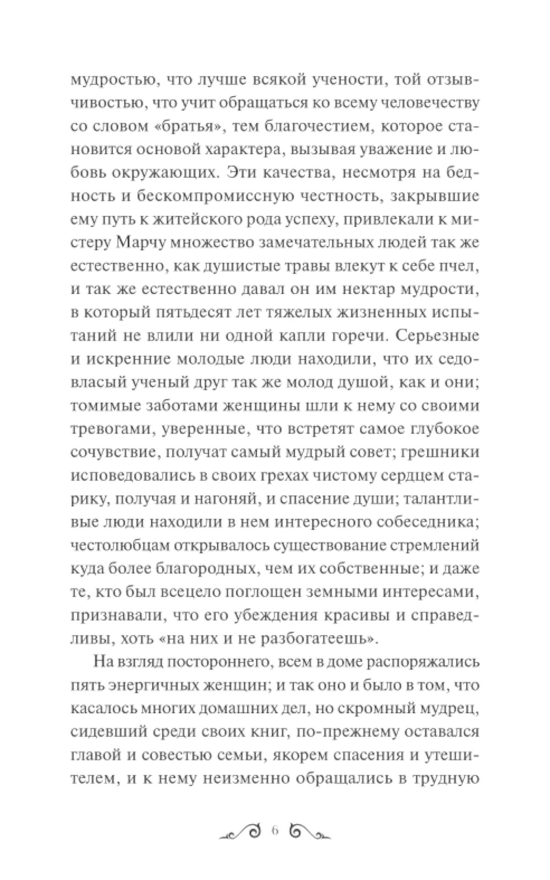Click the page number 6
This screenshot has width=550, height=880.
[x=275, y=831]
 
